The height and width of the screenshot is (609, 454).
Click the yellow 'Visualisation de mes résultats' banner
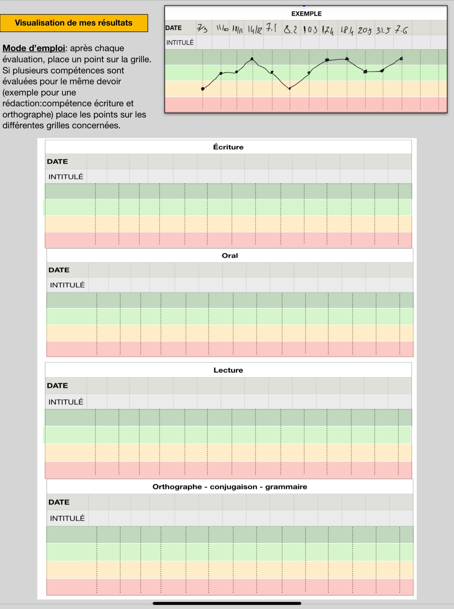click(74, 23)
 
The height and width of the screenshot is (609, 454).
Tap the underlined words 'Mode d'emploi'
click(34, 48)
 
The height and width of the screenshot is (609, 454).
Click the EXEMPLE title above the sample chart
click(306, 14)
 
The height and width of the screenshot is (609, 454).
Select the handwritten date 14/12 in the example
click(255, 30)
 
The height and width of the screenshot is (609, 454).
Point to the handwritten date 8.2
click(290, 30)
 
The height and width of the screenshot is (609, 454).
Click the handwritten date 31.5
click(383, 30)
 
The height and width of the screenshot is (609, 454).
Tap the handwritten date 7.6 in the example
click(401, 30)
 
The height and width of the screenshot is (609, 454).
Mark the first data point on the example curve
click(203, 88)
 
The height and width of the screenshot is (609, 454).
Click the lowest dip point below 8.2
click(290, 88)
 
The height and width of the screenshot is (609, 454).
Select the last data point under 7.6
click(401, 59)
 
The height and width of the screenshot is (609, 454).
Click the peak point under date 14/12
click(252, 59)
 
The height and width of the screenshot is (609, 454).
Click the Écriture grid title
click(228, 147)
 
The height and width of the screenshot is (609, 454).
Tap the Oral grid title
click(230, 256)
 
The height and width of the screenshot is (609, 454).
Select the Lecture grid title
click(228, 370)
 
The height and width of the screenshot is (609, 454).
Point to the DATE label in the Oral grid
click(59, 270)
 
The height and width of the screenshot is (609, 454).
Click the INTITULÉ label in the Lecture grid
click(66, 402)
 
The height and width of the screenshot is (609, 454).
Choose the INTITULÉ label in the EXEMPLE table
click(180, 42)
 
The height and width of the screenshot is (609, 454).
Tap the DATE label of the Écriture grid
click(57, 162)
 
